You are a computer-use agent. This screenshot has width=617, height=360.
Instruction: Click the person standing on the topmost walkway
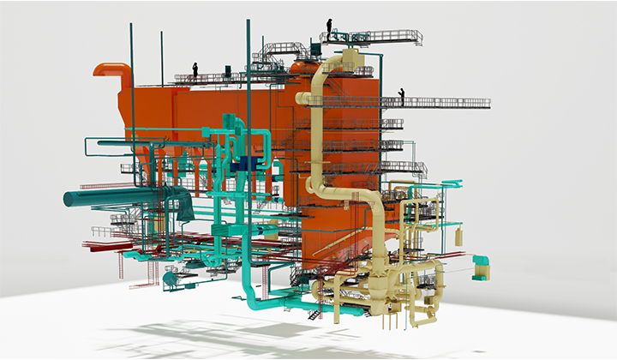tap(329, 27)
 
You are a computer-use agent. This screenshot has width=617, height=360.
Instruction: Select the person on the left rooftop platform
tap(195, 69)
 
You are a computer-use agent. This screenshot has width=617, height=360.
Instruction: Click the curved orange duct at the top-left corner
tap(111, 70)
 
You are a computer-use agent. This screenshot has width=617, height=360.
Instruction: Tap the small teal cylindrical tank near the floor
tap(170, 277)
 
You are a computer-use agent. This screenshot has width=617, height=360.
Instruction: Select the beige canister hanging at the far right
tap(459, 235)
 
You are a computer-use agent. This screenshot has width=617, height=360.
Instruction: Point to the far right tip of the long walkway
tap(488, 103)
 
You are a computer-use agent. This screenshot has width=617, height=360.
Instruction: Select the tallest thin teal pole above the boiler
tap(247, 34)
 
